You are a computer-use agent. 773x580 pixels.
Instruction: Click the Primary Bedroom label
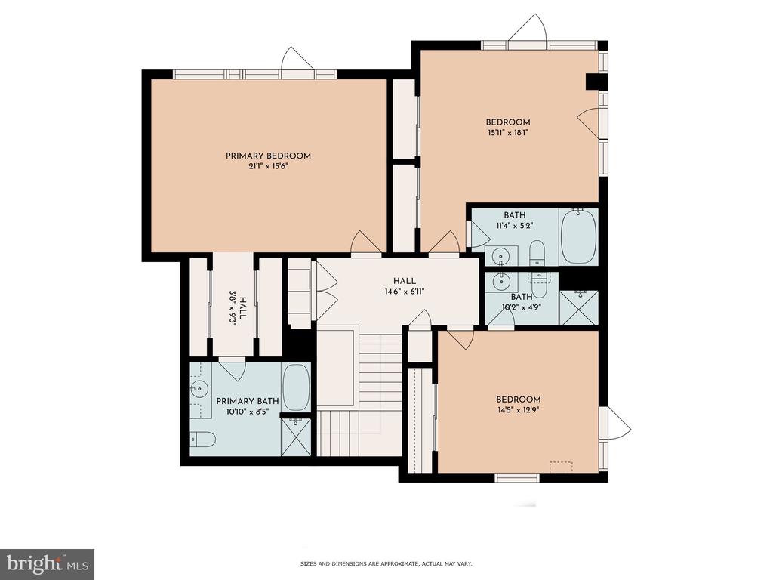(x=268, y=156)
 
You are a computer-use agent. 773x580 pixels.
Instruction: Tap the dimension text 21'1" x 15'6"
(x=268, y=167)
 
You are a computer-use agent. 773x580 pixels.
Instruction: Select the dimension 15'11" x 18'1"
(x=508, y=133)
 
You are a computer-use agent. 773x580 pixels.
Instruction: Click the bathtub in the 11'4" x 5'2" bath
(x=579, y=236)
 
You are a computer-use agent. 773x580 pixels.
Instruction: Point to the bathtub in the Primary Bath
(x=296, y=387)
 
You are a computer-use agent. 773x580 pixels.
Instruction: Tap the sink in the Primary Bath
(x=199, y=389)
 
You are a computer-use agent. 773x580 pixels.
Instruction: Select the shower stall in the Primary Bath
(x=296, y=437)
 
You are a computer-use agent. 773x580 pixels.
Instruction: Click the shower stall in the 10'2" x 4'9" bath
(x=579, y=308)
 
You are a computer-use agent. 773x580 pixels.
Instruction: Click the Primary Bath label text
(x=248, y=401)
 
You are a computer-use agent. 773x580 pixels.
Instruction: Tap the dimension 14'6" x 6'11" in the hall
(x=405, y=292)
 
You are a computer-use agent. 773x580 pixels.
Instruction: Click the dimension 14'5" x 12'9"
(x=518, y=410)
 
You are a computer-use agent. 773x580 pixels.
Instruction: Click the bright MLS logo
(x=48, y=562)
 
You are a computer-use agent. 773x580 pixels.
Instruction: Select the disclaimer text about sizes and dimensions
(x=386, y=563)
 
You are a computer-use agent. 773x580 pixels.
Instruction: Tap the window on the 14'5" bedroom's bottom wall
(x=516, y=477)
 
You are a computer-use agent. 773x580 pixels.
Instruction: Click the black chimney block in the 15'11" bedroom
(x=592, y=82)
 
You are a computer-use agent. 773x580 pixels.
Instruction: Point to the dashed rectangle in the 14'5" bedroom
(x=561, y=467)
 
